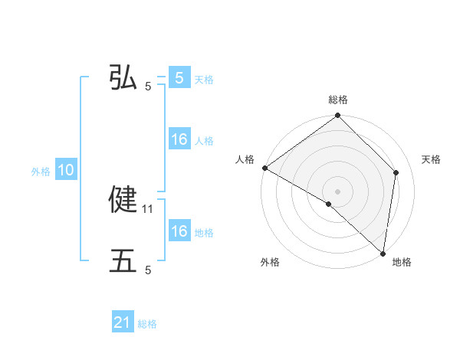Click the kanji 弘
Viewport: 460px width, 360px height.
(123, 78)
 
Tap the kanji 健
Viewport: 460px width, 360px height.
(123, 200)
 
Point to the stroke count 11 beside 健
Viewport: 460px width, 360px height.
(149, 208)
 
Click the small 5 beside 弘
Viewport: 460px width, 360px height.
(148, 87)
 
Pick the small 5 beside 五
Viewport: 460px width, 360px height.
(148, 270)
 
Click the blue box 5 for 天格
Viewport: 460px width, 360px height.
(179, 78)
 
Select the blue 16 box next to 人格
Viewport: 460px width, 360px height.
(179, 139)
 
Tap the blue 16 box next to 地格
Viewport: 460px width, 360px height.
(179, 231)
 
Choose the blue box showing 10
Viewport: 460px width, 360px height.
(66, 171)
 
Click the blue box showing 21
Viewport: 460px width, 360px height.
(123, 322)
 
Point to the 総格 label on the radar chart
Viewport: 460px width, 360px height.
(338, 100)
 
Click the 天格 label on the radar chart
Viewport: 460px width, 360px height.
(432, 159)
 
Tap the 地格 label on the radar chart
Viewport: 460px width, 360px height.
(402, 262)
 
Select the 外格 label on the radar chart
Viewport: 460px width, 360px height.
(270, 262)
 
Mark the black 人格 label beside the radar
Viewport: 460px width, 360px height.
(245, 159)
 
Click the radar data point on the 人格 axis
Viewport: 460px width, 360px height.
(264, 168)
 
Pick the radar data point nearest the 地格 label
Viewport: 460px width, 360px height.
(383, 253)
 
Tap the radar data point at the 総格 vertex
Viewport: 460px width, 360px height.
(338, 116)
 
